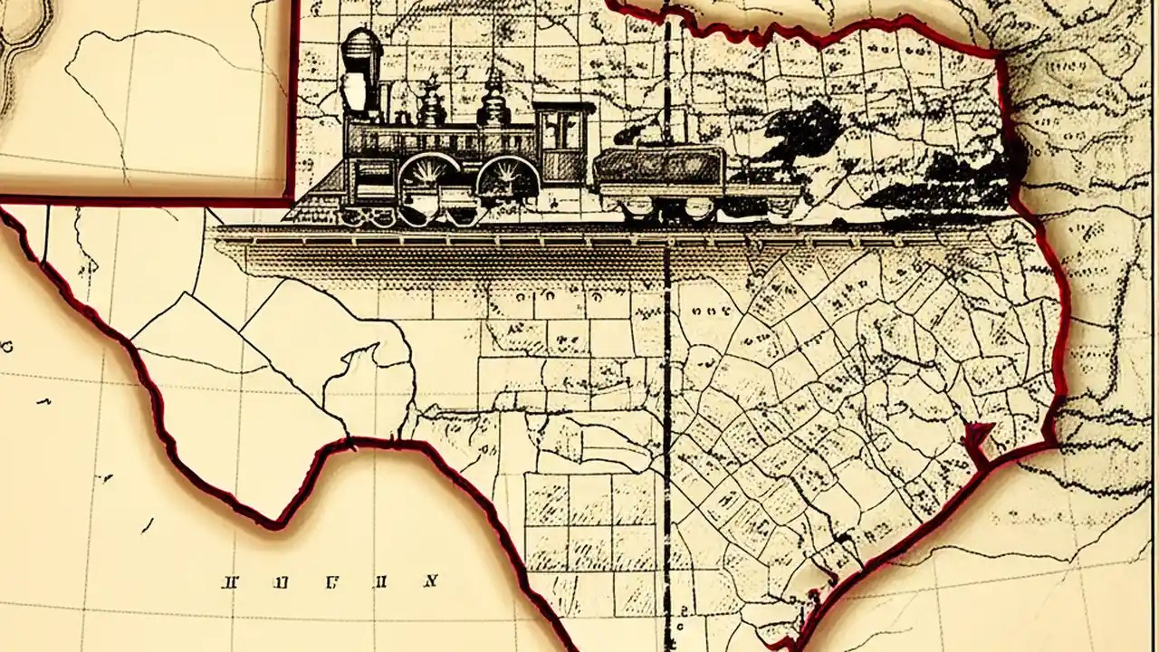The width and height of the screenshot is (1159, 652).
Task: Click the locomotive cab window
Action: coord(565,130)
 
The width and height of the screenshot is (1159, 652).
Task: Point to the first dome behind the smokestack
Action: coord(431,105)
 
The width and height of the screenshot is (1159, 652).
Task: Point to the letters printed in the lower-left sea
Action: coord(330,581)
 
